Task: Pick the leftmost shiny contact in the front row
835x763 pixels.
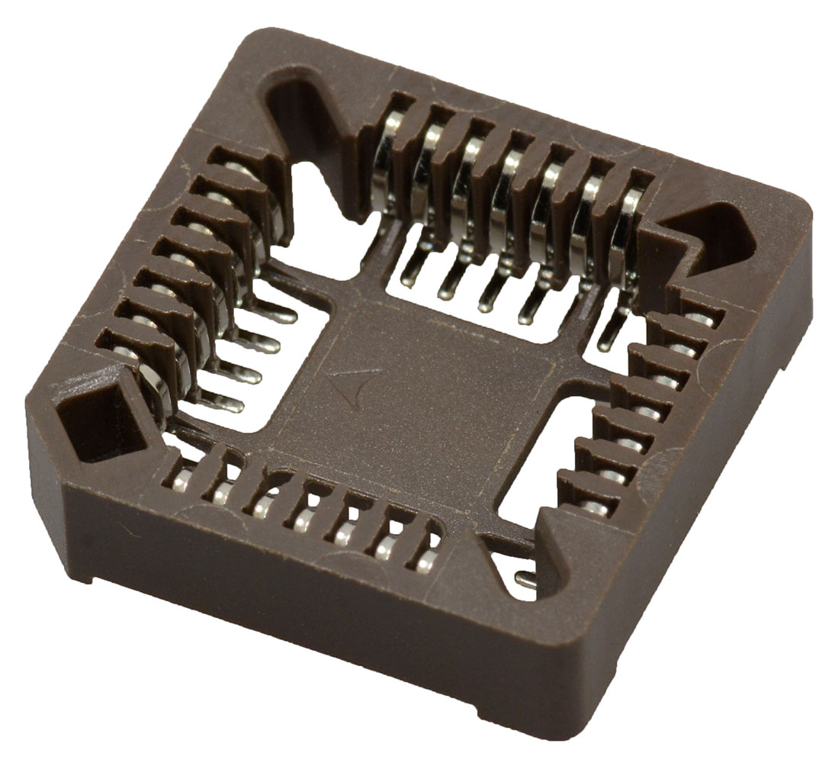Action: click(x=181, y=481)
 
